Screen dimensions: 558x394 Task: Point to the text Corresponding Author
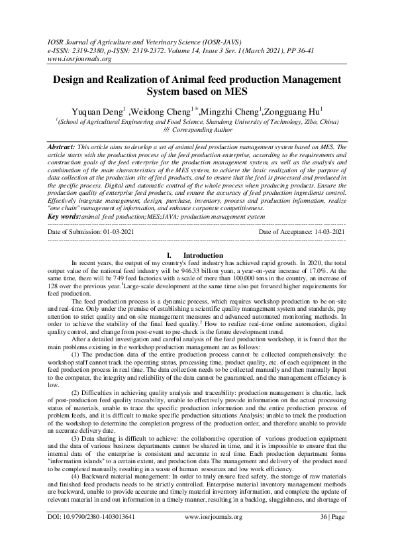pyautogui.click(x=205, y=131)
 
